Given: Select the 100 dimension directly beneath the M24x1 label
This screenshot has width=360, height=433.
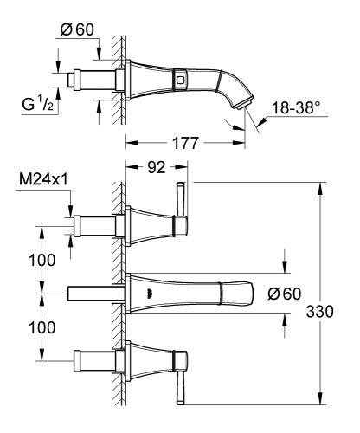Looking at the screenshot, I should click(35, 260).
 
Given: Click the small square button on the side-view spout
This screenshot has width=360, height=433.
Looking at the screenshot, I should click(180, 81).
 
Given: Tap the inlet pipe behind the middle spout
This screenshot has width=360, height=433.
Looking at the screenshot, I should click(90, 294).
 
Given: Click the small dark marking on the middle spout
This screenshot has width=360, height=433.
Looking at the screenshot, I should click(154, 293).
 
